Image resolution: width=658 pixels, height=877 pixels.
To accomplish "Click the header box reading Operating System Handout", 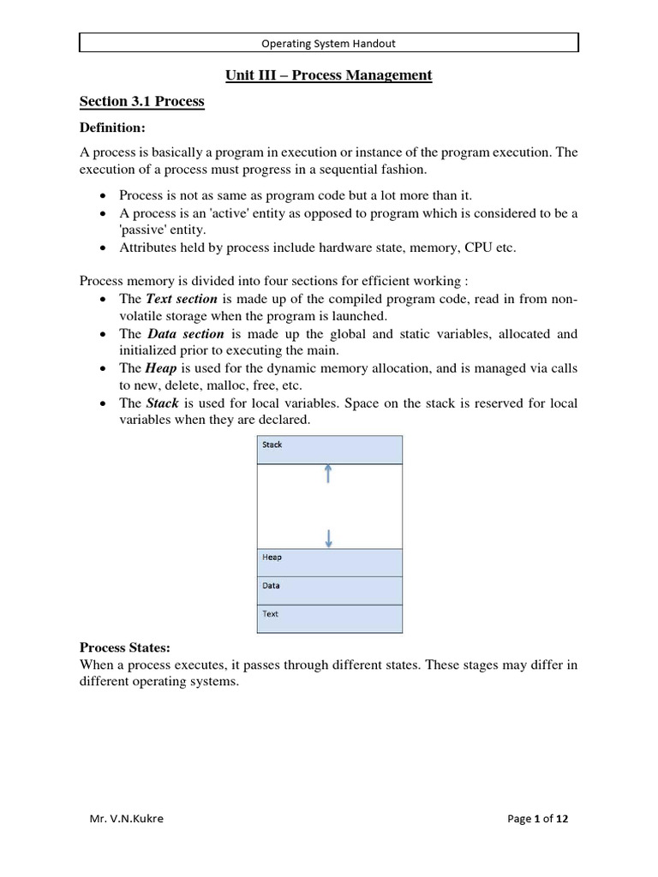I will coord(329,43).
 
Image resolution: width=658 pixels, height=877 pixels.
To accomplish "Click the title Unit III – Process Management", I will coord(329,75).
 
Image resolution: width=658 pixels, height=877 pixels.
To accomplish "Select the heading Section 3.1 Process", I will coord(142,102).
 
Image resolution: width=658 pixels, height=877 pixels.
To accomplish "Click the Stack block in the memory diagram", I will coord(329,450).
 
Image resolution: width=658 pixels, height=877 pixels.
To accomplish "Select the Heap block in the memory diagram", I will coord(329,562).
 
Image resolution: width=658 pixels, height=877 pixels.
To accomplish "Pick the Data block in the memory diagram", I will coord(329,590).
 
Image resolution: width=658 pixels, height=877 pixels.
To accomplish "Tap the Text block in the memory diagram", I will coord(329,618).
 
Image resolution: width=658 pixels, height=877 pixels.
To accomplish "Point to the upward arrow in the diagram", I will coord(328,474).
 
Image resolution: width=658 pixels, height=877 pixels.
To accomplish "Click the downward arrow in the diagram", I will coord(328,538).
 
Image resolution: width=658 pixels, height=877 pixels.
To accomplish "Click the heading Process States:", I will coord(132,647).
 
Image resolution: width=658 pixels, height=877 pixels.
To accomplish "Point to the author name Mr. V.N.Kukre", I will coord(126,819).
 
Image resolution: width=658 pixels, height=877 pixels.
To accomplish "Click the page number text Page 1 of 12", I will coord(538,819).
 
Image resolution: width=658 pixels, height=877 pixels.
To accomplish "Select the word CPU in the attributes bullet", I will coord(478,248).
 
